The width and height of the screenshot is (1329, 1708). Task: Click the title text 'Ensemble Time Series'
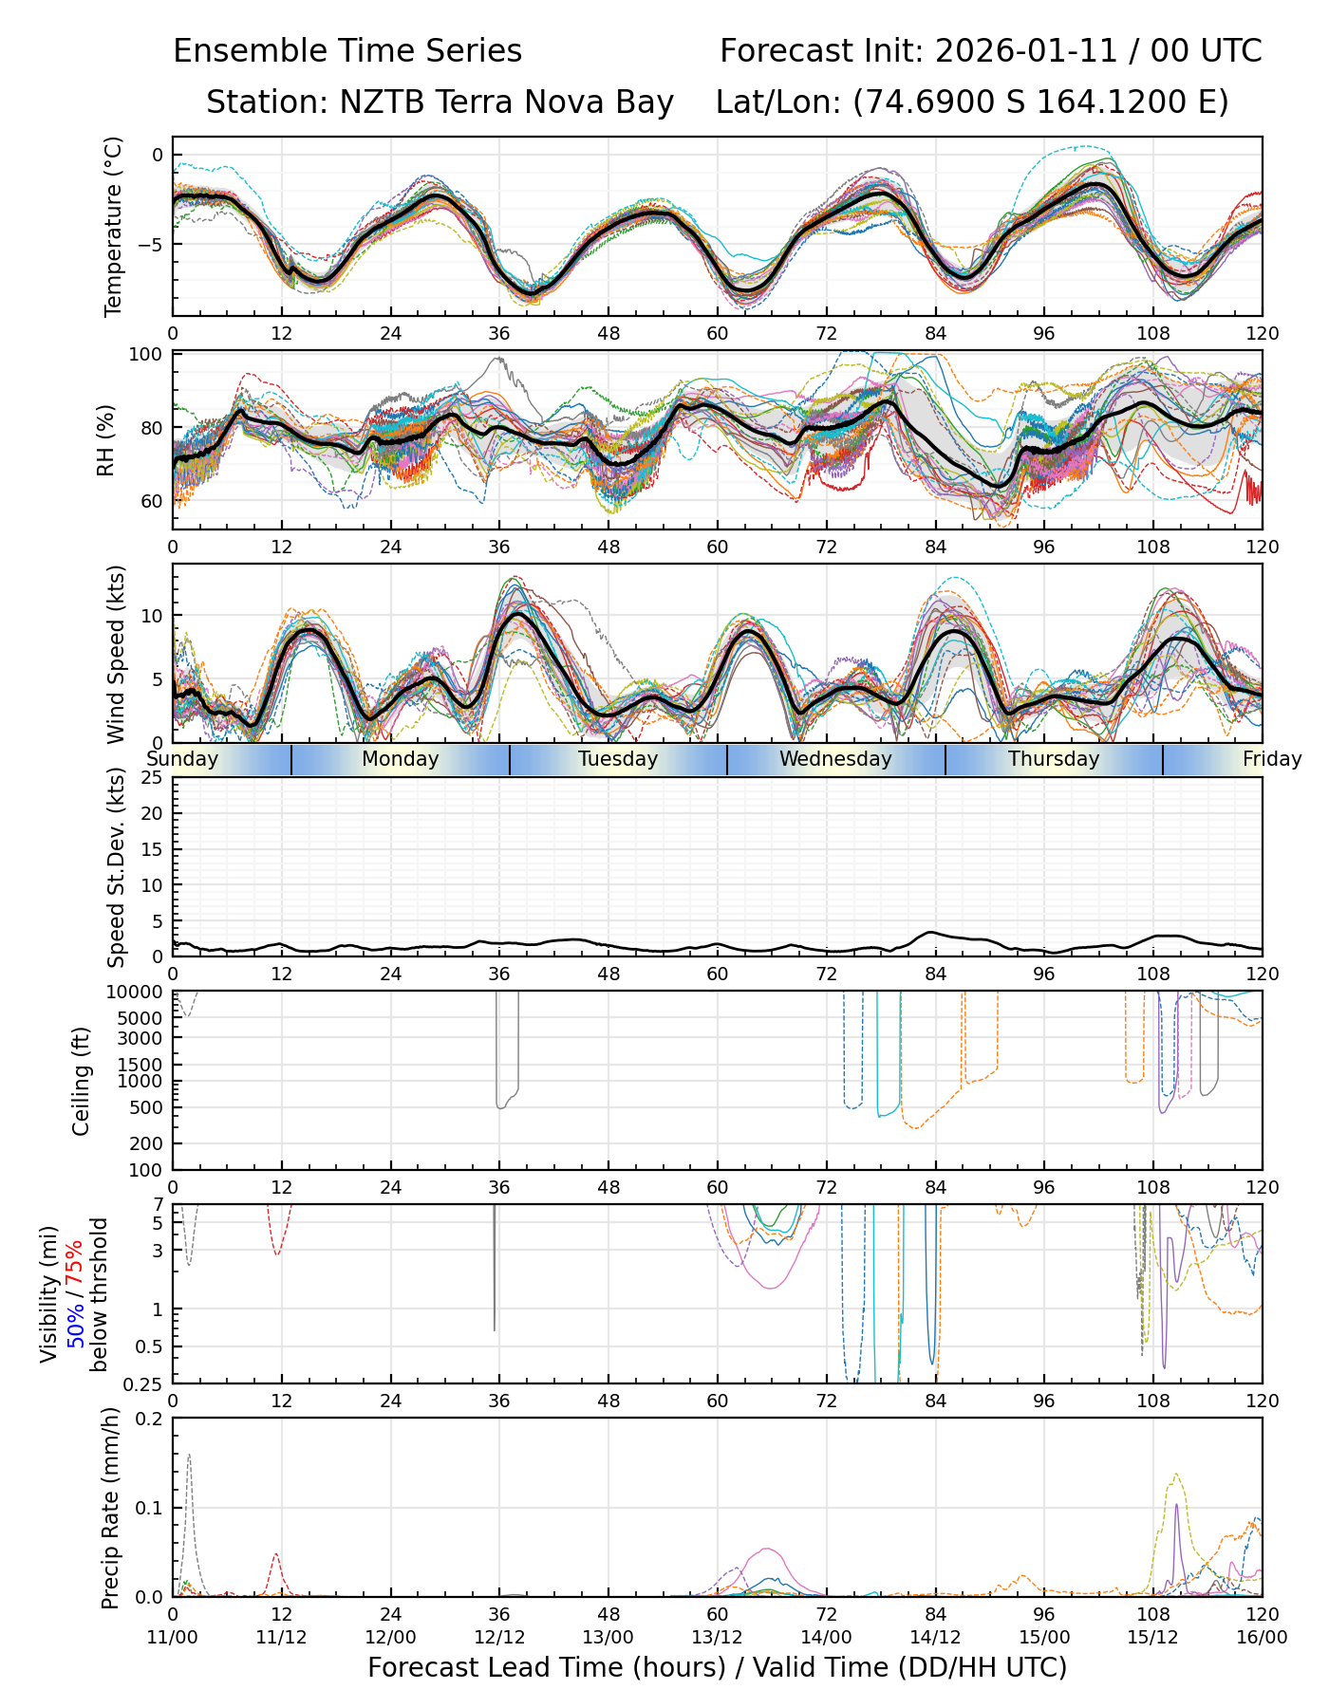tap(347, 51)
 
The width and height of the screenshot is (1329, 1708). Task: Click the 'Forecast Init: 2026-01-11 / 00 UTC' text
tap(990, 51)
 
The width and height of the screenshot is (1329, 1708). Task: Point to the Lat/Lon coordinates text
tap(972, 102)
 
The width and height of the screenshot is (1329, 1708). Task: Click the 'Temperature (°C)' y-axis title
tap(114, 226)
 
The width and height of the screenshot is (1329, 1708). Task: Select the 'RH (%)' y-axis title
tap(106, 440)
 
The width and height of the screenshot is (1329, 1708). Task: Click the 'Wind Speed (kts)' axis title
tap(116, 654)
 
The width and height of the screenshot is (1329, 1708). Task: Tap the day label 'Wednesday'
tap(835, 759)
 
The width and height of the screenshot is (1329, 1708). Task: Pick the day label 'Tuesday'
tap(618, 759)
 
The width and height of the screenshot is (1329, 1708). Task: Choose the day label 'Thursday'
tap(1054, 759)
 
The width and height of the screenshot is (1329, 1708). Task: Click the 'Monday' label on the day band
tap(401, 759)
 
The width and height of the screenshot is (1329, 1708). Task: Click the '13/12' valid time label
tap(718, 1637)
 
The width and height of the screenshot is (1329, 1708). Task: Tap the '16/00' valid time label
tap(1262, 1637)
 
